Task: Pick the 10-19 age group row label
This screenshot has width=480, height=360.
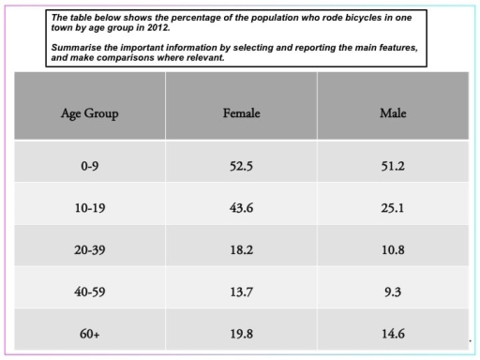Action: click(91, 207)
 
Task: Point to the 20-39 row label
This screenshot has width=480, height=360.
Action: click(91, 249)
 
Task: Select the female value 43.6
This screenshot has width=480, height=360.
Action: click(241, 207)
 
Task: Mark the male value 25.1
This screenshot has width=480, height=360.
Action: click(392, 207)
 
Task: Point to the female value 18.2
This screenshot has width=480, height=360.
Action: click(241, 249)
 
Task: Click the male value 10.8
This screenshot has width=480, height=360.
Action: click(392, 249)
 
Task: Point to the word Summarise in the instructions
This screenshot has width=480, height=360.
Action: click(77, 47)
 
